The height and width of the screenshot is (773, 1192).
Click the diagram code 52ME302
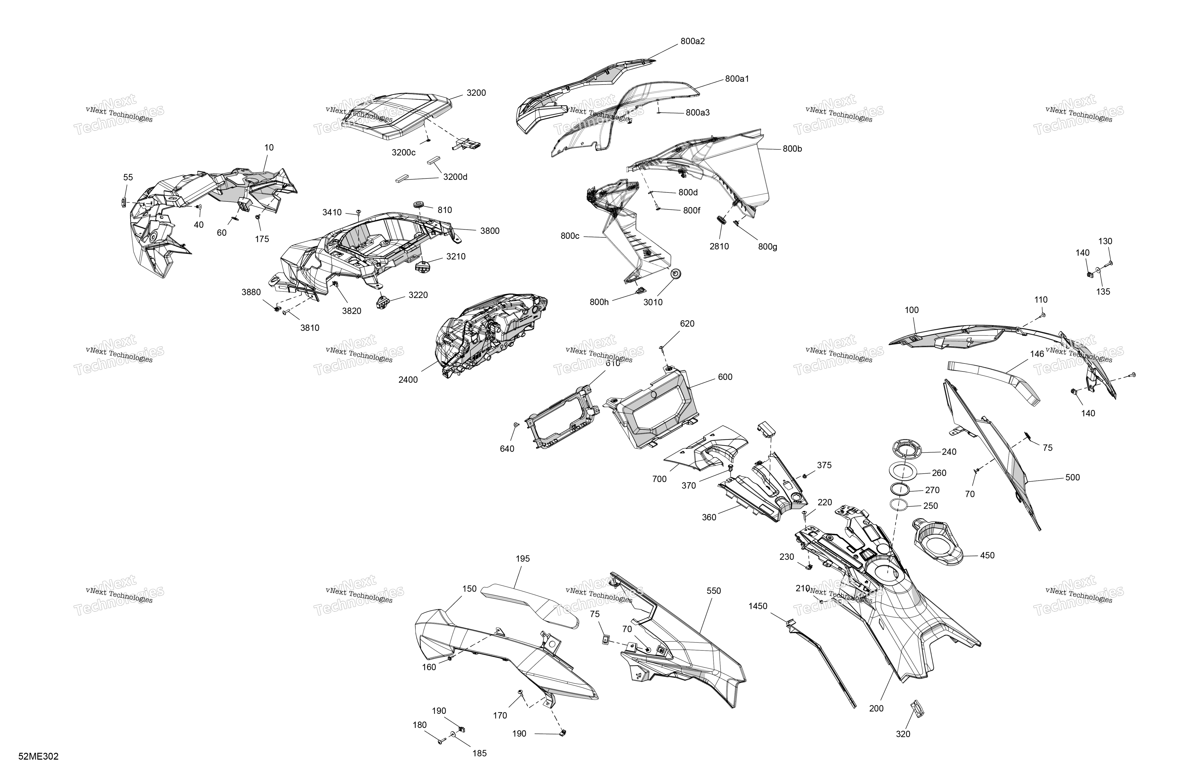pos(39,756)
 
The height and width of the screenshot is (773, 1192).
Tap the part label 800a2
pos(693,41)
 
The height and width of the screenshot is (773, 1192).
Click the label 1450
pos(758,606)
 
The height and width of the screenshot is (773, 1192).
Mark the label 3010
pos(653,302)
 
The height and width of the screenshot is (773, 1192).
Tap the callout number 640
pos(507,449)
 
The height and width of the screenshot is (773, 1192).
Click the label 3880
pos(251,292)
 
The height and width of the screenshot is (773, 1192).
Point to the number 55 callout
pos(128,177)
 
